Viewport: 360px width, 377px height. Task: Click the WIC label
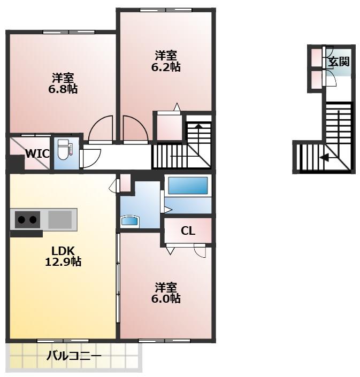point(37,154)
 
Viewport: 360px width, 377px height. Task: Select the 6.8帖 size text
point(63,89)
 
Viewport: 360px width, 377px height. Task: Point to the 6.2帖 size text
point(166,67)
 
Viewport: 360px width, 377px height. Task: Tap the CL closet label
point(188,231)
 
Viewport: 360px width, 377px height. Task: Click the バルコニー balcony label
point(74,355)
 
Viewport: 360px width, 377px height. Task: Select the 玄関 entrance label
point(338,61)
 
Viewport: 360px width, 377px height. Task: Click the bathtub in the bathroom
point(188,186)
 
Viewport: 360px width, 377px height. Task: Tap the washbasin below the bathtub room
point(131,221)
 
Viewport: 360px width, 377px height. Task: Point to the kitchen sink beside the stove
point(60,219)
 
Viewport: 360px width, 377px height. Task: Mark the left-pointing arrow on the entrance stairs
point(324,157)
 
